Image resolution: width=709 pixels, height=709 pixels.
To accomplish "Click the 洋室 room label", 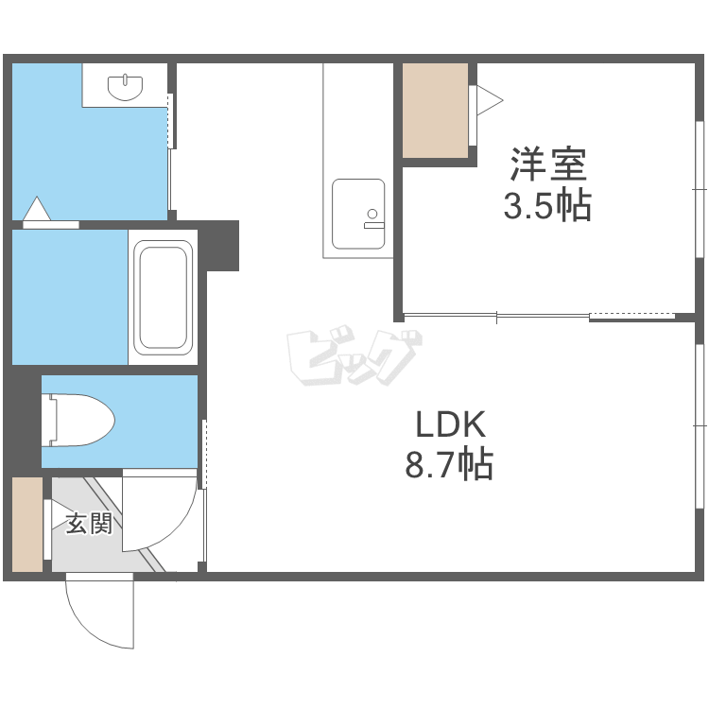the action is click(x=548, y=164).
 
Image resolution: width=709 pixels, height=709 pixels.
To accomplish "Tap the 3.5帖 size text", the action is click(x=547, y=206).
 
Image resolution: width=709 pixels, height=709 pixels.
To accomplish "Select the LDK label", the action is click(x=450, y=424).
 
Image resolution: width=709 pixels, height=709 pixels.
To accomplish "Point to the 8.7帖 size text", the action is click(x=448, y=464).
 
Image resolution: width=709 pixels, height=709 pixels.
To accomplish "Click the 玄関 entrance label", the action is click(x=89, y=524).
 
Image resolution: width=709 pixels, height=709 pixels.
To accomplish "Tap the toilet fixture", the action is click(x=78, y=420).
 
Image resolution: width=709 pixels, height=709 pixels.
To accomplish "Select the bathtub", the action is click(x=163, y=298).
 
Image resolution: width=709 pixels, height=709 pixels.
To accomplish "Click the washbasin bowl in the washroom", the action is click(x=125, y=88).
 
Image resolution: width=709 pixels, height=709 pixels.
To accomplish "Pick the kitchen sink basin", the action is click(x=358, y=214).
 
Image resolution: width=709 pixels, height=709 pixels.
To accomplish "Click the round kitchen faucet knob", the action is click(x=372, y=214).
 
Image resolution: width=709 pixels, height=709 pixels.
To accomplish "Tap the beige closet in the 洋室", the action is click(x=435, y=111).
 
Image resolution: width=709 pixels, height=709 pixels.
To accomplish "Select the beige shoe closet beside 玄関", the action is click(x=27, y=525).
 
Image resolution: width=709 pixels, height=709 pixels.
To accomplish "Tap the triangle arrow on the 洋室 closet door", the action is click(x=490, y=100).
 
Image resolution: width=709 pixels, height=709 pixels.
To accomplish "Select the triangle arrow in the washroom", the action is click(x=37, y=209).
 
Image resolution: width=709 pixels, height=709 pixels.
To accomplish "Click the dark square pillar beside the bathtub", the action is click(x=218, y=246).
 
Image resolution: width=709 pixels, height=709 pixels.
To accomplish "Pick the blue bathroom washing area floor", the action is click(x=70, y=297).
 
